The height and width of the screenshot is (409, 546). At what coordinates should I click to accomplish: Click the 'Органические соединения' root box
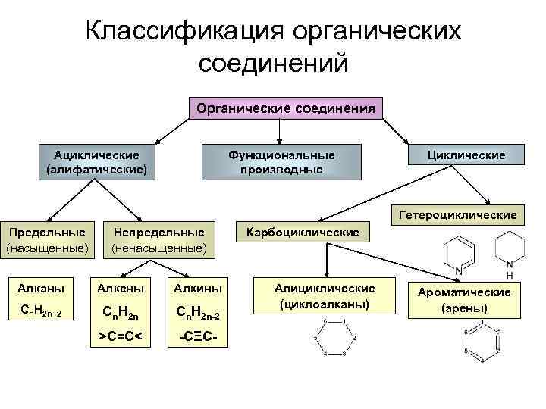pyautogui.click(x=286, y=109)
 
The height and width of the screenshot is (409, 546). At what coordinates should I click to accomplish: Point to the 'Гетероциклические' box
pyautogui.click(x=455, y=215)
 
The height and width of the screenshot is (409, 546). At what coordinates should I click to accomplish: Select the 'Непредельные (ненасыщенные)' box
pyautogui.click(x=158, y=239)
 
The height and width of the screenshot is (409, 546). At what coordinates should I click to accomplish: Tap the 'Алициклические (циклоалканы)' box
pyautogui.click(x=325, y=297)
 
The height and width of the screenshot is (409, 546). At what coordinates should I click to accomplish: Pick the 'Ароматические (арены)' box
pyautogui.click(x=465, y=300)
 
